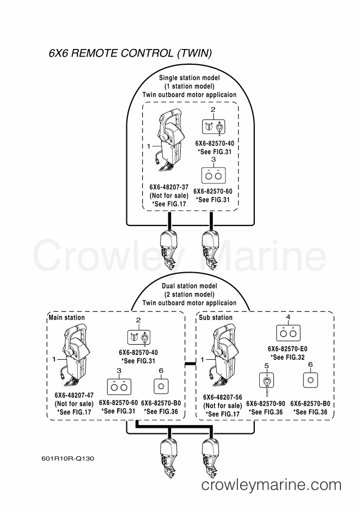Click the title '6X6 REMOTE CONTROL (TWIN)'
tap(130, 53)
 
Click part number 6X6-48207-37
tap(169, 187)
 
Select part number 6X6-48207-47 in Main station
tap(74, 395)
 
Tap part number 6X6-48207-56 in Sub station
tap(222, 397)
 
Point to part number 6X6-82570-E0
tap(288, 349)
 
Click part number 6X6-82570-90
tap(266, 404)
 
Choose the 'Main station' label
tap(66, 317)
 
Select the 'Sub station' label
tap(216, 317)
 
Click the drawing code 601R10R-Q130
tap(68, 459)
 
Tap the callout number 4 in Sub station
tap(288, 317)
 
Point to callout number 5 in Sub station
tap(266, 366)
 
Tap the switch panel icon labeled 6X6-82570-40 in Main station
tap(139, 338)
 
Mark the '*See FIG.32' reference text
tap(288, 358)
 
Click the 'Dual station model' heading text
tap(190, 286)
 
